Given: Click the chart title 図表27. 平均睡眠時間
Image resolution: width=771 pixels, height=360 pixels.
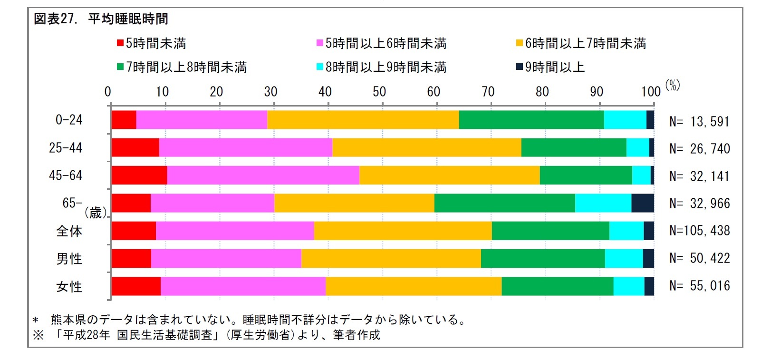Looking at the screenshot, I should pyautogui.click(x=101, y=19).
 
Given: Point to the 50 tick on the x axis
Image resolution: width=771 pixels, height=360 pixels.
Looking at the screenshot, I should pyautogui.click(x=379, y=92).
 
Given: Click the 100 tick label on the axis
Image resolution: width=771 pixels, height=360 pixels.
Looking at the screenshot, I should pyautogui.click(x=650, y=92).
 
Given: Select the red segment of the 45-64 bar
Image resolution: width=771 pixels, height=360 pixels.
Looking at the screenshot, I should pyautogui.click(x=139, y=175).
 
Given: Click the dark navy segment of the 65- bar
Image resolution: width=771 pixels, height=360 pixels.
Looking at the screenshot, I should pyautogui.click(x=643, y=203).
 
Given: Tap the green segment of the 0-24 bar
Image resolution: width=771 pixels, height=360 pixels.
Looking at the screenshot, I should pyautogui.click(x=531, y=120).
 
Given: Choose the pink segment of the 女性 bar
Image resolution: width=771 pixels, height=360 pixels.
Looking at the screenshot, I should pyautogui.click(x=243, y=286).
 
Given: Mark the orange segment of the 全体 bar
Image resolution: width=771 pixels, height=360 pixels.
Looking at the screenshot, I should pyautogui.click(x=403, y=231).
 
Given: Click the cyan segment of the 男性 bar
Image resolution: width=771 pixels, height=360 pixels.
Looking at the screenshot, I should pyautogui.click(x=624, y=259).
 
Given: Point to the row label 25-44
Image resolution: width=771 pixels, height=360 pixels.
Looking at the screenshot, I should pyautogui.click(x=66, y=148).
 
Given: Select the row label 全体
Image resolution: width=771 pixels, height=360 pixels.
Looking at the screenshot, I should pyautogui.click(x=69, y=231).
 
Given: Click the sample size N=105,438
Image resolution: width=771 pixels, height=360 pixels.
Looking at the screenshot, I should pyautogui.click(x=699, y=231).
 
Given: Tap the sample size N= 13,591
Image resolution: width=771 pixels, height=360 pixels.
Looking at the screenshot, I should pyautogui.click(x=699, y=122).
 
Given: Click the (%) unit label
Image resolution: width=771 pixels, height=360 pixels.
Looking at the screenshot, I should pyautogui.click(x=673, y=85).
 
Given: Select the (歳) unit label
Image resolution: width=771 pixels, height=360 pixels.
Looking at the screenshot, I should pyautogui.click(x=96, y=213).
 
